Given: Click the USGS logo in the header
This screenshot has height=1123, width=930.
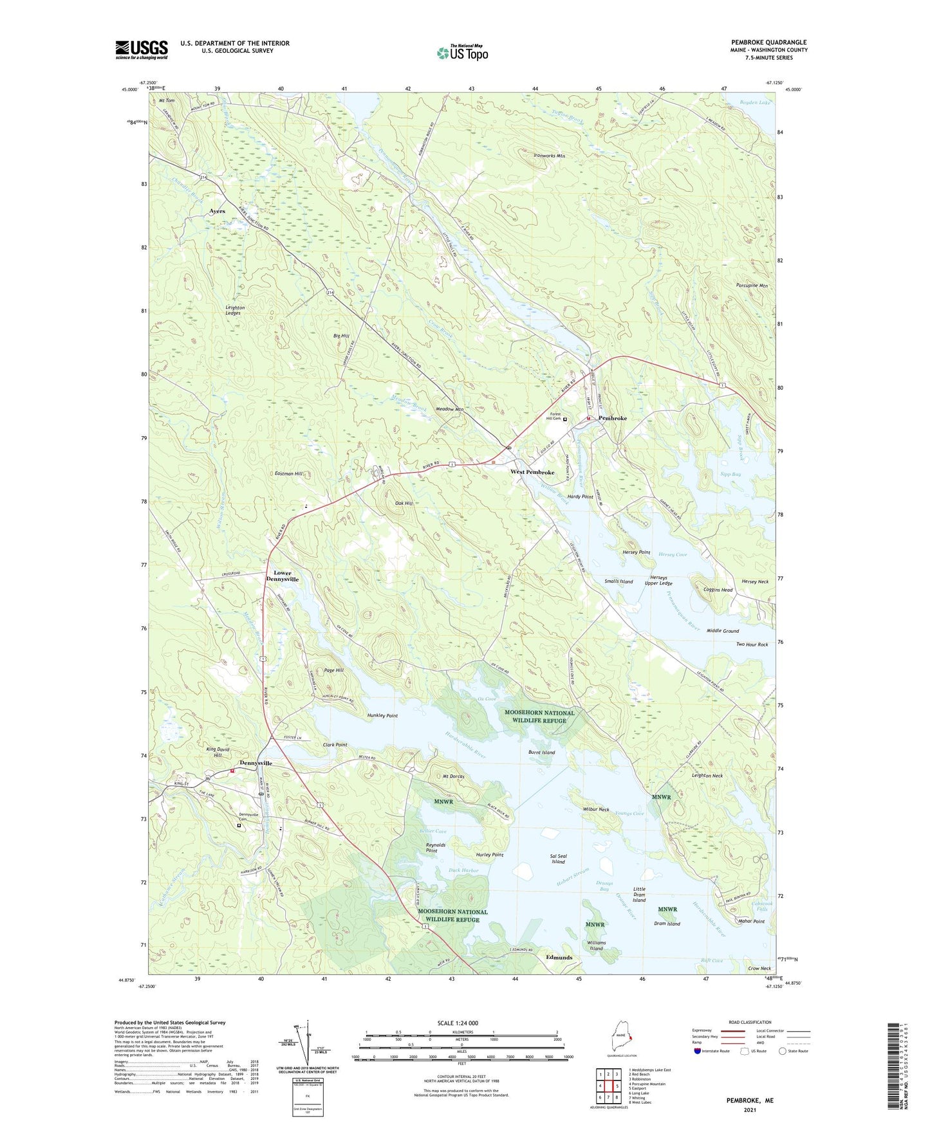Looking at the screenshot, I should [x=141, y=50].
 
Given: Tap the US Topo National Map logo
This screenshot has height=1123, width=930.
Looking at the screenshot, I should [x=461, y=52].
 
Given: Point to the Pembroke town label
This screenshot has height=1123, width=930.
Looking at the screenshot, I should [x=612, y=418].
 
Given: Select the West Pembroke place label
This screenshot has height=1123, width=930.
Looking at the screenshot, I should [x=532, y=472].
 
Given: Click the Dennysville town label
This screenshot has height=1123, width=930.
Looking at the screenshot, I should [x=256, y=763].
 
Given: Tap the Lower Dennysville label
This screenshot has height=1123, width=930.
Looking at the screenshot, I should [x=282, y=576].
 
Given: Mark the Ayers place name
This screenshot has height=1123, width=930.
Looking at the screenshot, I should [x=217, y=211].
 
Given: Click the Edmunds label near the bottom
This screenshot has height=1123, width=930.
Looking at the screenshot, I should [x=559, y=957].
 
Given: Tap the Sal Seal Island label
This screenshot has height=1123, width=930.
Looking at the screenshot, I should [x=558, y=859].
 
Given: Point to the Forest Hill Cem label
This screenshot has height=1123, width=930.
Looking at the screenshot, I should [x=553, y=416].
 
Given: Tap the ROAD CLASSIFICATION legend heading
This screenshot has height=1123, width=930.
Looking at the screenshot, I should [x=749, y=1022].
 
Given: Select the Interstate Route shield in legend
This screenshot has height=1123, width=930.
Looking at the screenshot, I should [x=698, y=1052].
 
